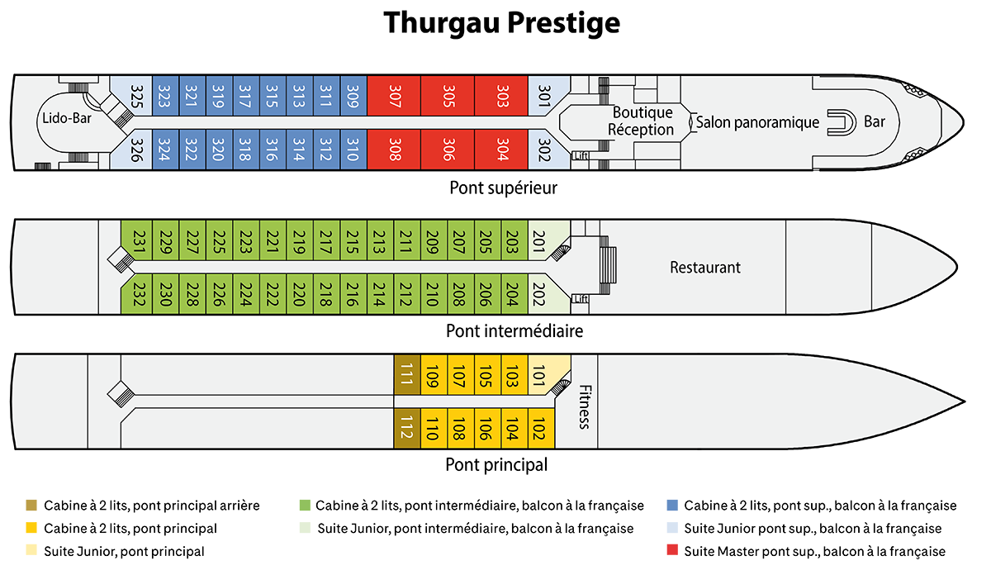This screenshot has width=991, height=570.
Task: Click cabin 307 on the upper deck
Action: pos(393,96)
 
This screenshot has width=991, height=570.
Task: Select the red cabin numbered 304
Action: pos(500,150)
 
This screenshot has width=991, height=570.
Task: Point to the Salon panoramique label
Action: pos(757,122)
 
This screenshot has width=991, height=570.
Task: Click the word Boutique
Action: pos(642,112)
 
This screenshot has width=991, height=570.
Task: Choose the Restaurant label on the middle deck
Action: pos(704,268)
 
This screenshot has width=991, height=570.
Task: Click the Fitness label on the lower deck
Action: pos(584,406)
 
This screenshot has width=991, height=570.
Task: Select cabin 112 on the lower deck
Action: pos(407,429)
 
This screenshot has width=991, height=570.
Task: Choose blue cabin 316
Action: pos(273,150)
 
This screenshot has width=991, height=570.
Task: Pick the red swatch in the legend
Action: pos(662,551)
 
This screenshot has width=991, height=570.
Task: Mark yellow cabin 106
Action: pos(486,429)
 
